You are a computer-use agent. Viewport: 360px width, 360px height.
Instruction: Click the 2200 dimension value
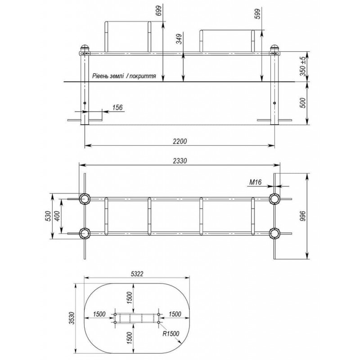[180, 141]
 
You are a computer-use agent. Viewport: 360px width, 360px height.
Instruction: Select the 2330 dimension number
[180, 161]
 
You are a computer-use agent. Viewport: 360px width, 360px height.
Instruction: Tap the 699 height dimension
[159, 10]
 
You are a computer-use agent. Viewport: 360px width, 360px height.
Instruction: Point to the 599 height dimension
[257, 14]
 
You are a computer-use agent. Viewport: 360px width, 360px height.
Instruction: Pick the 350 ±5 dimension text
[303, 66]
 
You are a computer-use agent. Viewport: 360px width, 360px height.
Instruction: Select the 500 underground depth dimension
[303, 103]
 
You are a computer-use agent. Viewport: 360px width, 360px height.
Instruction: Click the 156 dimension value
[117, 107]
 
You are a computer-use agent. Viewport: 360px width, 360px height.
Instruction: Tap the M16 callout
[255, 182]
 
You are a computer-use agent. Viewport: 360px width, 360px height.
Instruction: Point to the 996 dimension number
[303, 216]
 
